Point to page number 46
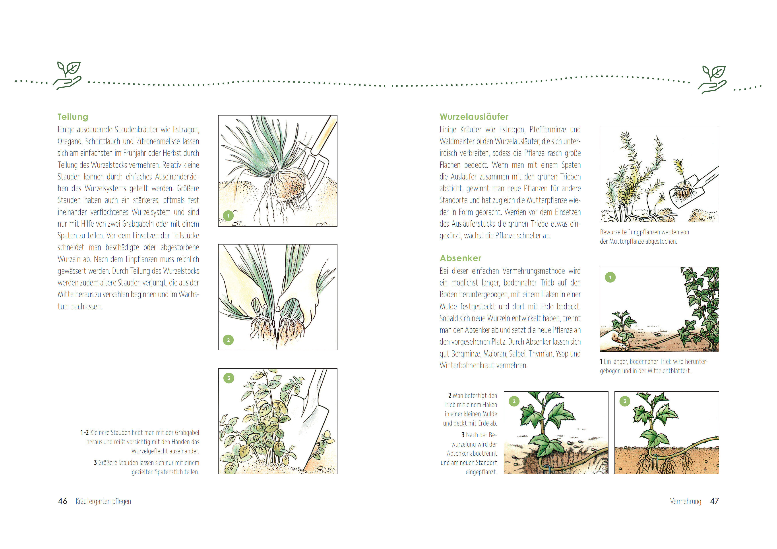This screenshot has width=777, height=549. tap(63, 501)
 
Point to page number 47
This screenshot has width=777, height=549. tap(714, 501)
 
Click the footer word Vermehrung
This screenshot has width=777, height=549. tap(686, 501)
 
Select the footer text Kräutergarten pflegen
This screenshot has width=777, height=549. tap(103, 501)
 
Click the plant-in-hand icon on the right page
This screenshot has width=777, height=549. tap(712, 79)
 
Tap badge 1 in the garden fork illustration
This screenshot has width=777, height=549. tap(229, 216)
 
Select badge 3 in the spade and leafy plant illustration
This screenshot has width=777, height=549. tap(229, 378)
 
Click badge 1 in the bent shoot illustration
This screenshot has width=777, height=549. tap(610, 277)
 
